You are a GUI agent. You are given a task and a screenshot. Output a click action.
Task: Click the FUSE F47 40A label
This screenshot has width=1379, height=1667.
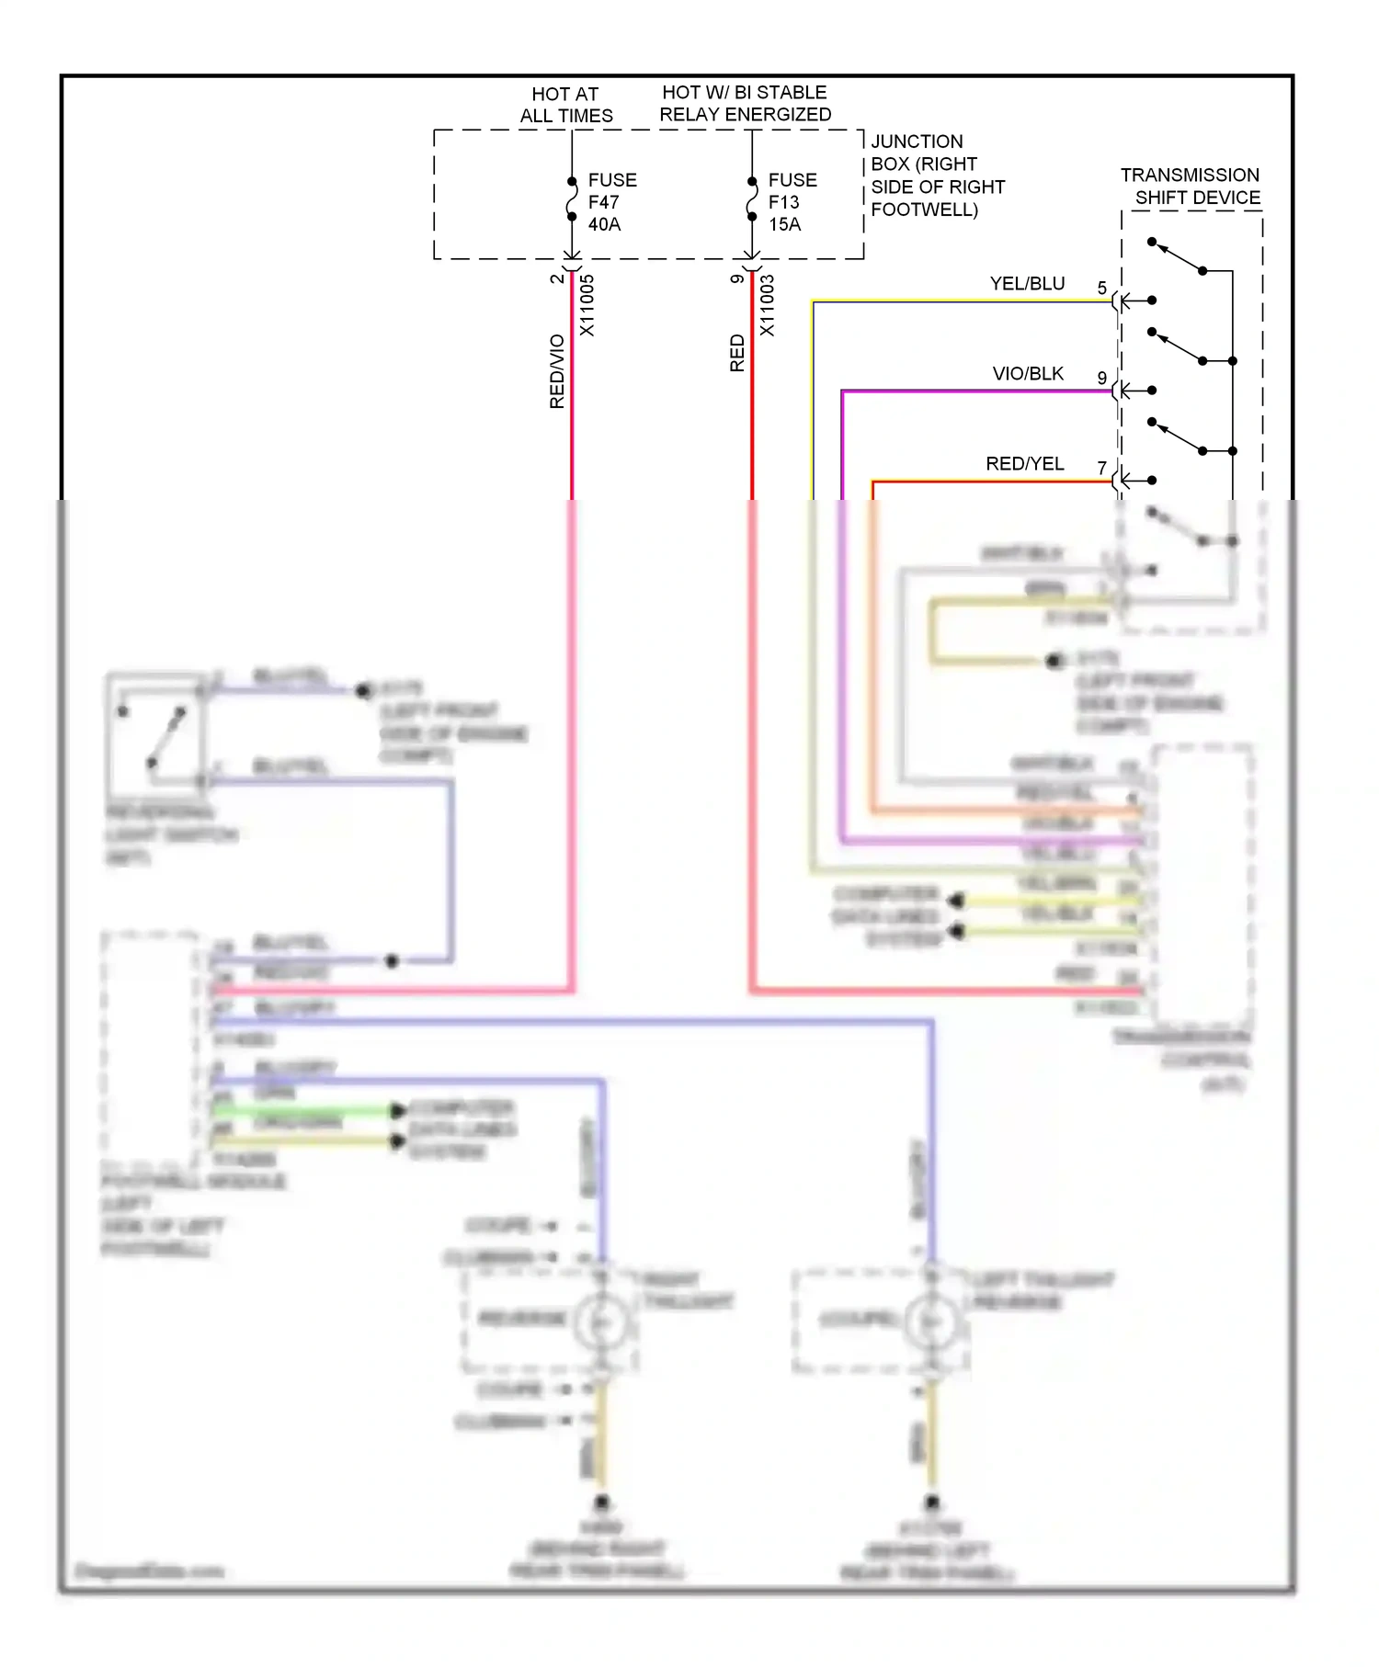point(611,202)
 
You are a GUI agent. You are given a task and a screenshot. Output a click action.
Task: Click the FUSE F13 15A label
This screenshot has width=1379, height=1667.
point(792,202)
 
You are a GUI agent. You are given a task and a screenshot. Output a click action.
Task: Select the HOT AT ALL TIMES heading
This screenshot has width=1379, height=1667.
point(565,105)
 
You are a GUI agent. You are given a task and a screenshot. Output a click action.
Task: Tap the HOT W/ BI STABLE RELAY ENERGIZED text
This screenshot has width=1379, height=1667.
point(745,103)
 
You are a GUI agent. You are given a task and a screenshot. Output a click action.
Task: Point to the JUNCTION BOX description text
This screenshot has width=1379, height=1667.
point(937,176)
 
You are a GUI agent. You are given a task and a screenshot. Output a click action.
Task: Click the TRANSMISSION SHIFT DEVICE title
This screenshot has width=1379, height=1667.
point(1191,186)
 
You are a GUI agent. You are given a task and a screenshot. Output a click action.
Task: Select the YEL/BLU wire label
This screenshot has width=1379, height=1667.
point(1027,284)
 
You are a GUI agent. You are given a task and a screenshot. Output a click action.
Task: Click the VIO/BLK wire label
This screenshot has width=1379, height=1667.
point(1028,374)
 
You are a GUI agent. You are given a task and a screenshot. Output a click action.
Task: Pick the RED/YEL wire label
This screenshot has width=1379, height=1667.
point(1024,464)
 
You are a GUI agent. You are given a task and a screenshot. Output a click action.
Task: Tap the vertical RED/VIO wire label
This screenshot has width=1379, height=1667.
point(556,371)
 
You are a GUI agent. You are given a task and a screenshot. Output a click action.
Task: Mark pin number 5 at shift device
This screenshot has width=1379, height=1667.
point(1101,289)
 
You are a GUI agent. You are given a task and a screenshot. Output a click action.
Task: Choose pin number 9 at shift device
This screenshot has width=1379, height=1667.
point(1101,379)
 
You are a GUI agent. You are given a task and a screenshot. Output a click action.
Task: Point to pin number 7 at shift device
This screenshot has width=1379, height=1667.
point(1101,469)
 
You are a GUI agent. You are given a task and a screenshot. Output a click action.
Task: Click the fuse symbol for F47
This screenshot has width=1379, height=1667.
point(571,199)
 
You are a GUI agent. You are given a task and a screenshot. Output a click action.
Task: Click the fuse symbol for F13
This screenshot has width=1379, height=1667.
point(751,199)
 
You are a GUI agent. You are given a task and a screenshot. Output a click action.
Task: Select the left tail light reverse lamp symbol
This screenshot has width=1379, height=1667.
point(931,1321)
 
